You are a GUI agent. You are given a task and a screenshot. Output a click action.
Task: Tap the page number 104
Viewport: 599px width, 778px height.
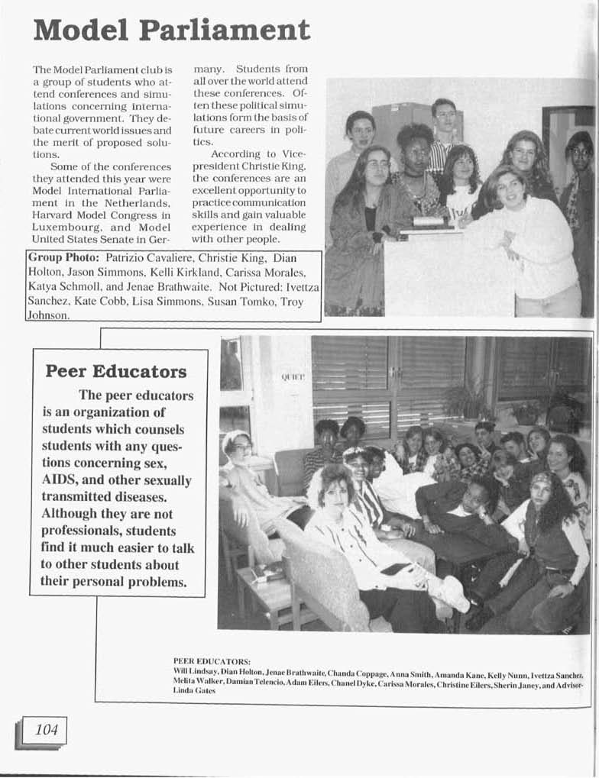tap(46, 730)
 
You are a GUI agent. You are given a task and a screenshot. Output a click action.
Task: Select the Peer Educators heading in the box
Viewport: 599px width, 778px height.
tap(116, 372)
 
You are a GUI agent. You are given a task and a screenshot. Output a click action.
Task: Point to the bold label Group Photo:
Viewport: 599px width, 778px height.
tap(62, 258)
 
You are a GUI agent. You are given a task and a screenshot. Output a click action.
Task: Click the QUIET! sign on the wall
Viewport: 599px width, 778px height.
tap(293, 377)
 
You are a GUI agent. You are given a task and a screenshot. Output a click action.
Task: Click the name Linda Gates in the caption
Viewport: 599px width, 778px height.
tap(194, 690)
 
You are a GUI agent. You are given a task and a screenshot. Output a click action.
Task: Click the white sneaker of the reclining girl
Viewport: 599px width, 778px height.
tap(453, 593)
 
